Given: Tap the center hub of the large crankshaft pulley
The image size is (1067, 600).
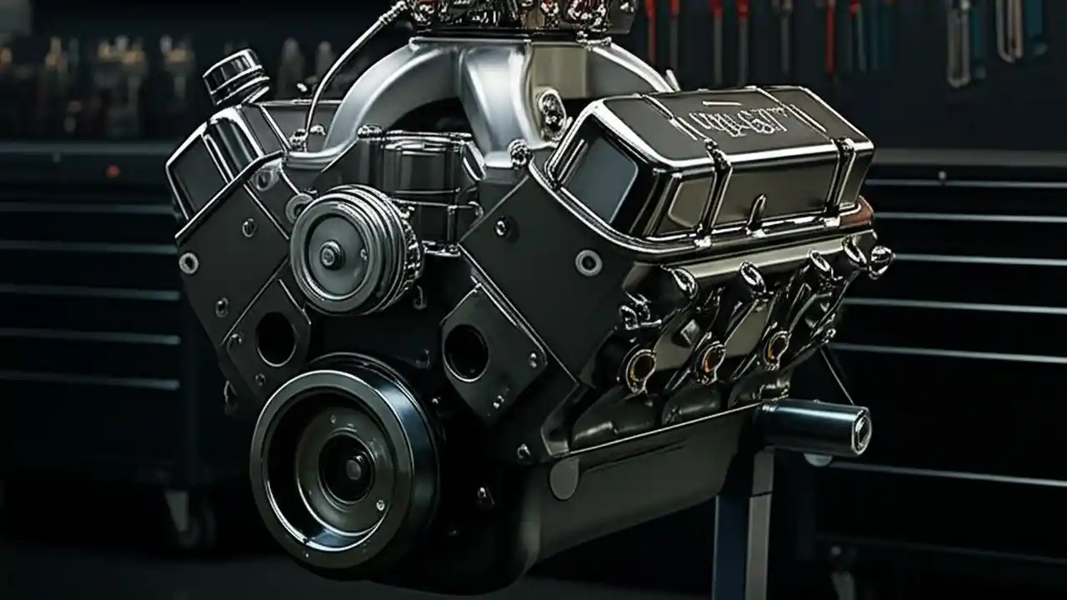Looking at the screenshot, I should pyautogui.click(x=353, y=469).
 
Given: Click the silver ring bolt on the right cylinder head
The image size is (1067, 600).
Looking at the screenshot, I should pyautogui.click(x=589, y=262).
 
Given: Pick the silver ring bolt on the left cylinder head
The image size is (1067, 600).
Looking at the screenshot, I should pyautogui.click(x=189, y=262).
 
